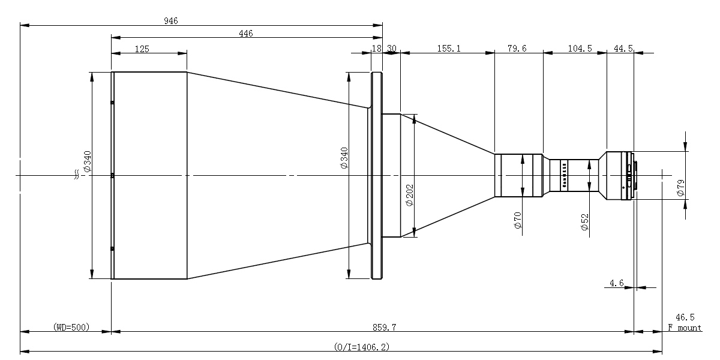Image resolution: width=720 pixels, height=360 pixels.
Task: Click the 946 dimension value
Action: pos(170,21)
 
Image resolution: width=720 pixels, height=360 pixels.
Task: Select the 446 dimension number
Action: pos(246,34)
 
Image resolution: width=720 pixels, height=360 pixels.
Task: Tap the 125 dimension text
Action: pos(142,49)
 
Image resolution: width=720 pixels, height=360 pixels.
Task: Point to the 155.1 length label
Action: pos(449,49)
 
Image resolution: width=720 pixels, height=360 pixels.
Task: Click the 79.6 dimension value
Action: pos(517,49)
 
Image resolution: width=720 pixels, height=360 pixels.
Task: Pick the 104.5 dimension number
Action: pos(580,49)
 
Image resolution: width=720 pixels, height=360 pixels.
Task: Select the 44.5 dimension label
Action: pos(623,49)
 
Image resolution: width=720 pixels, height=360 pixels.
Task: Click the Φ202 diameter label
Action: pos(409,195)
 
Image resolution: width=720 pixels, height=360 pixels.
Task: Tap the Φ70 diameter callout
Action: pos(517,220)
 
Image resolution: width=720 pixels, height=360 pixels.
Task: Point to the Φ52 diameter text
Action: pos(584,222)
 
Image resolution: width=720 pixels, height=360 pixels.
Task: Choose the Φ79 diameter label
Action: pos(680,188)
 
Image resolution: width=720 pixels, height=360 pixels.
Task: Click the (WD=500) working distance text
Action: pos(71,327)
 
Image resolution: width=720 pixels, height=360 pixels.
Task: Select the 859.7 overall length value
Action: pos(385,328)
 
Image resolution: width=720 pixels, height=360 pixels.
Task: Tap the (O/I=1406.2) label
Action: pos(362,347)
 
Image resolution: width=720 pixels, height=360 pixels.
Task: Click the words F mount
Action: pos(685,328)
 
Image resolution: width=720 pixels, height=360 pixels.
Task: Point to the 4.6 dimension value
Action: pos(617,283)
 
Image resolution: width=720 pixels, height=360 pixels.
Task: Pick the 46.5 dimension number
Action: pos(685,317)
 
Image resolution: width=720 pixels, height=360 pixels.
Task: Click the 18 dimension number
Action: pos(376,49)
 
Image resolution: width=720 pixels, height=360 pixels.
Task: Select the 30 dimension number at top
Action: pos(391,49)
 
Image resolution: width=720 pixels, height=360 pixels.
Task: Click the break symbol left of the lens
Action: pos(77,175)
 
